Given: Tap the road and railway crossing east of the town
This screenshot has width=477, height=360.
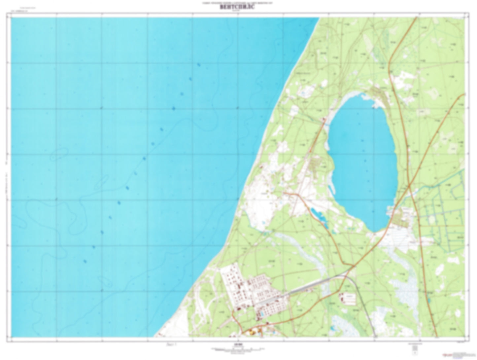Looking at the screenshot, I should pos(353,265).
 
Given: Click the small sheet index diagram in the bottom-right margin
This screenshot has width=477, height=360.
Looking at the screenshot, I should pos(414,348).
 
